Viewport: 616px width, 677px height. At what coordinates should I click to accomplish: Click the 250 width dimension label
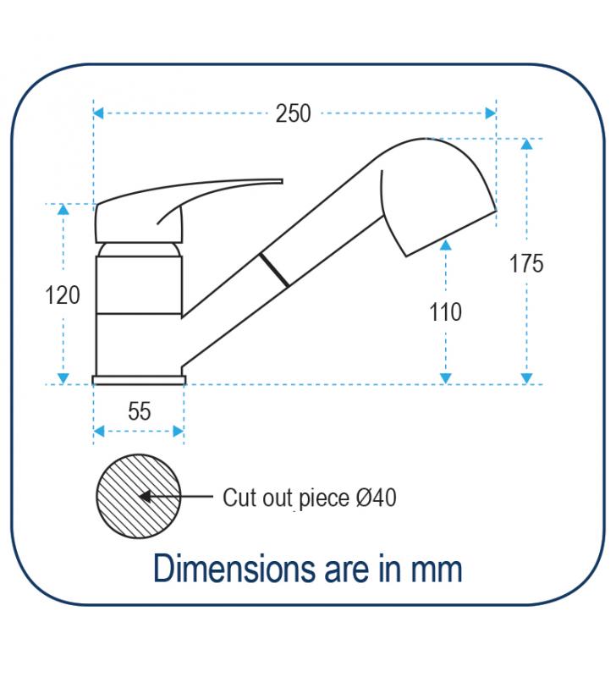point(293,113)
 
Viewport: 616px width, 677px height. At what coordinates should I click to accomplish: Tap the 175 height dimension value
point(526,263)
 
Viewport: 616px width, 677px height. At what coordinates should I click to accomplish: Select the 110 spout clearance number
point(445,311)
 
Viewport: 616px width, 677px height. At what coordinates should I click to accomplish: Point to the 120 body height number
point(63,295)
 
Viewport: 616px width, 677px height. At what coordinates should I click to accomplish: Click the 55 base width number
point(140,411)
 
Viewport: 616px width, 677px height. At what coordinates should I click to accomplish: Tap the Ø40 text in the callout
point(377,498)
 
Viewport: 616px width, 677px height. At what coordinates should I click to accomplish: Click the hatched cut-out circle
point(139,496)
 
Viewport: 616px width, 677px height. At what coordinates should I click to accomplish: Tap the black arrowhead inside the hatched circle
point(146,497)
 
